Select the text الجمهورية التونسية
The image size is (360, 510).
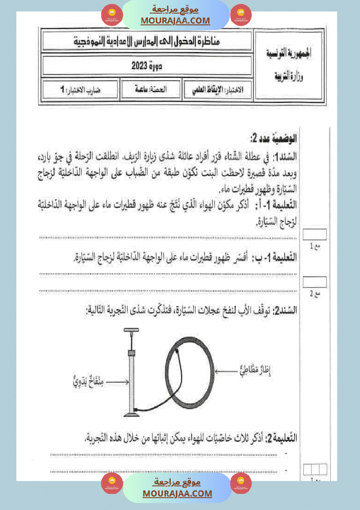coord(289,55)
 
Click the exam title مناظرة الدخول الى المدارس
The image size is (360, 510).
coord(147,41)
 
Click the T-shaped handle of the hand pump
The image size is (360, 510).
coord(131,331)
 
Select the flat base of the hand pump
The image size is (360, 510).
coord(131,413)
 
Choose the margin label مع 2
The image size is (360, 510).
coord(315,294)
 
